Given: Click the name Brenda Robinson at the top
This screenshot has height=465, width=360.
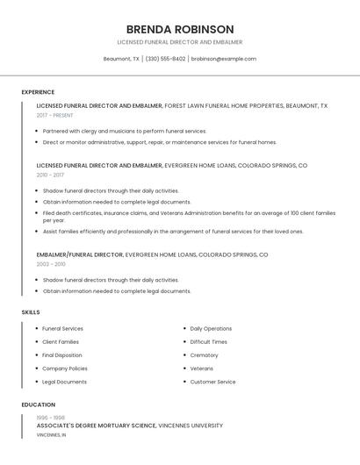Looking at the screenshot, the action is click(180, 29).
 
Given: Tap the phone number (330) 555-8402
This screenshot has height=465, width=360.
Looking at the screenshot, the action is click(165, 59).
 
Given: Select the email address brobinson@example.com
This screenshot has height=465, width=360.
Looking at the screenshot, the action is click(224, 59).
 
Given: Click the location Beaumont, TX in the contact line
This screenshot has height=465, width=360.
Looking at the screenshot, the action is click(121, 59).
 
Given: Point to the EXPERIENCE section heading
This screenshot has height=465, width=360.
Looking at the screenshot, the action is click(38, 92).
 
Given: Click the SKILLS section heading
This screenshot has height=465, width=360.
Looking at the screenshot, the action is click(31, 311).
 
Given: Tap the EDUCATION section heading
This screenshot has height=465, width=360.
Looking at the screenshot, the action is click(39, 404).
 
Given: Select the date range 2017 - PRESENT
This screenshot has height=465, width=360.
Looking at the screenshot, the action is click(55, 115).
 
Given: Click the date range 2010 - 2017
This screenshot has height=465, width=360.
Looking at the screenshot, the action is click(50, 175).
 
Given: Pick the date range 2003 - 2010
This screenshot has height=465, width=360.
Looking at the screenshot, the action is click(51, 264).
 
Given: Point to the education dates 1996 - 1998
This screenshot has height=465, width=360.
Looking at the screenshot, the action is click(51, 418).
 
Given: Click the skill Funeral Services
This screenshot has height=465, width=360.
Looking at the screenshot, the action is click(62, 328).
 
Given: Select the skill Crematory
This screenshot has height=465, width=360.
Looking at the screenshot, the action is click(204, 355).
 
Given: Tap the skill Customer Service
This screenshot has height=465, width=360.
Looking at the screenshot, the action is click(212, 382).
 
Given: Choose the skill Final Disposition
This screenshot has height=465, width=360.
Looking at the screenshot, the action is click(62, 355).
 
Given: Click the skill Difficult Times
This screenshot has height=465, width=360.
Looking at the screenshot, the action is click(208, 341).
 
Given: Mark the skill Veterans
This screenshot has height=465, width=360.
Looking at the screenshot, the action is click(202, 368).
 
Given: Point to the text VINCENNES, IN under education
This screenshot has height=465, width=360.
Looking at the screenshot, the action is click(51, 435).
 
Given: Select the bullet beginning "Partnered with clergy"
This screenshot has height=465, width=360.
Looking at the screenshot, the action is click(124, 131).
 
